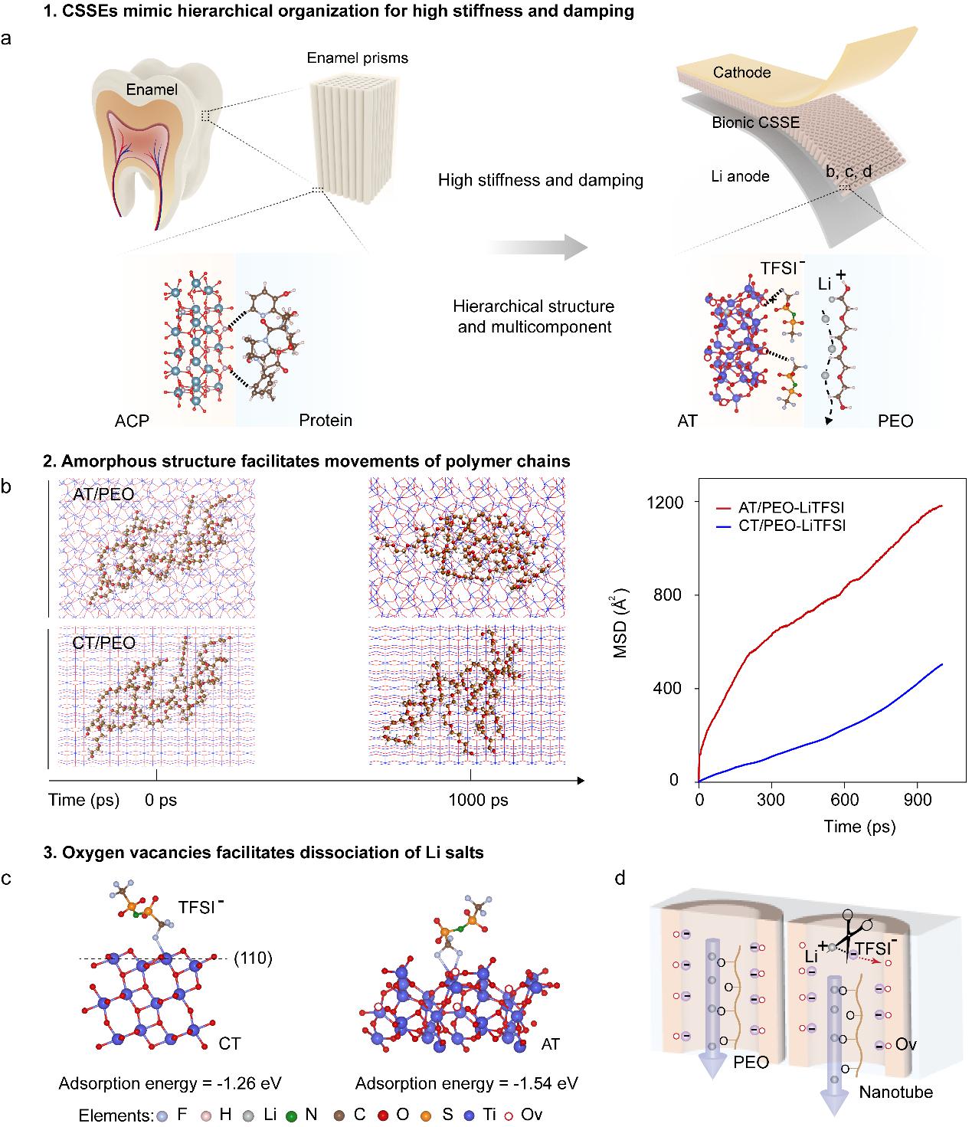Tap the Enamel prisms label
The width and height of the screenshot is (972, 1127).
[x=358, y=58]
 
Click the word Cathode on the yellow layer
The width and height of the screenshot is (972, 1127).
[x=741, y=73]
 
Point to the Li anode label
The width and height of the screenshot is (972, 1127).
[x=739, y=176]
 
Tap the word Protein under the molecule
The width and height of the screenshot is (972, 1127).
[x=326, y=420]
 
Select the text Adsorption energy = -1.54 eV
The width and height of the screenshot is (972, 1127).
[x=466, y=1083]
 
